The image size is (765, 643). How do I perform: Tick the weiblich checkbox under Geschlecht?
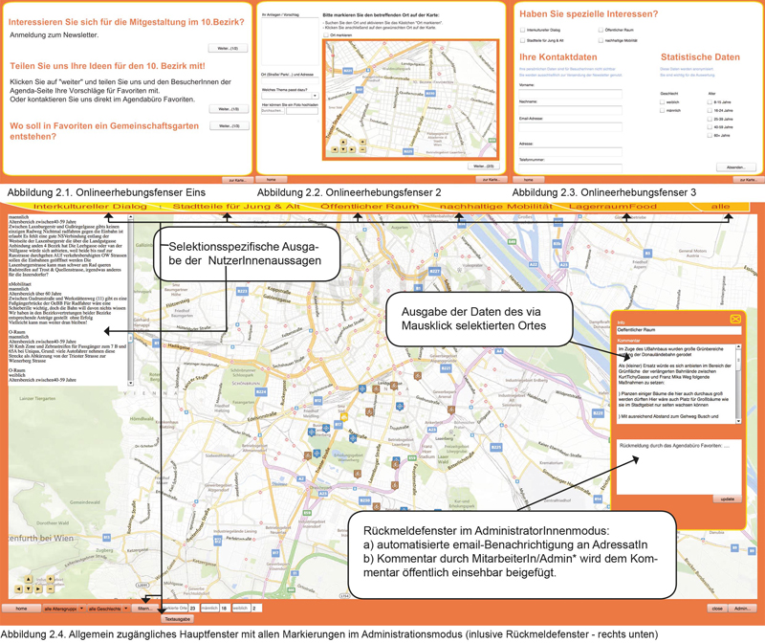[662, 101]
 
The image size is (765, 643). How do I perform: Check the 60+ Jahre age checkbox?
[709, 136]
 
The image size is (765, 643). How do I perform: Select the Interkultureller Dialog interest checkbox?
[521, 31]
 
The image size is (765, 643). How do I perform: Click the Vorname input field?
[570, 92]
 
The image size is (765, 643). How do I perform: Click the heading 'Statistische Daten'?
[700, 57]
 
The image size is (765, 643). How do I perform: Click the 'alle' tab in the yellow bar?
[720, 206]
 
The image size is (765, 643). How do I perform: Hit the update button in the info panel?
[727, 499]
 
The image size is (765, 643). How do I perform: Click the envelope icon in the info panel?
[735, 319]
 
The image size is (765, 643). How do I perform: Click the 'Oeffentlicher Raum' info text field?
[676, 329]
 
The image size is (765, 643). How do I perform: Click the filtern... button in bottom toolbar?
[143, 609]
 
